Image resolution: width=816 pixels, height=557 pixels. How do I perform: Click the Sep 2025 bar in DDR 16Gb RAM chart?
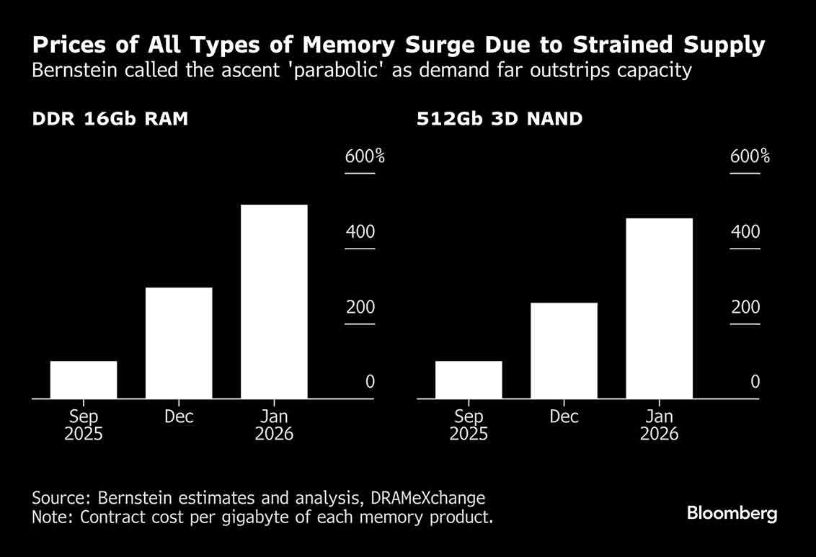(84, 380)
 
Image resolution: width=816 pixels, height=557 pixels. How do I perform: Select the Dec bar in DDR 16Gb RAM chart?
(179, 343)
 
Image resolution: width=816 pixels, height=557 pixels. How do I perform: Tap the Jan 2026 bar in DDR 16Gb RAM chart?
(274, 301)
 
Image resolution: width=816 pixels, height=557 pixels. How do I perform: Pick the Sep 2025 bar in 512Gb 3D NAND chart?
(469, 380)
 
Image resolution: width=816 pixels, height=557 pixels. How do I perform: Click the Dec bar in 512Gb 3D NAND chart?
(564, 350)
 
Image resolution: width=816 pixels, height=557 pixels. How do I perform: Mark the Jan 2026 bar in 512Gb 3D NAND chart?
(659, 308)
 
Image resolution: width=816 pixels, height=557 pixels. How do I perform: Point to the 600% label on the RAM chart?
(365, 156)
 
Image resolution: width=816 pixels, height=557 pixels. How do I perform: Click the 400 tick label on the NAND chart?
(745, 232)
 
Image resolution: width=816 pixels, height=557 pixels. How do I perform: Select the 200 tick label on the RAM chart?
(360, 308)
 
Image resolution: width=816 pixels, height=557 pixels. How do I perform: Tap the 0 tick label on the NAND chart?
(755, 382)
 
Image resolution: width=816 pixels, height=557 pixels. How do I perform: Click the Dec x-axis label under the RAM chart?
(179, 417)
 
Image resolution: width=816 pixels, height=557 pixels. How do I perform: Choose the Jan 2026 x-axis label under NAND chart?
(659, 425)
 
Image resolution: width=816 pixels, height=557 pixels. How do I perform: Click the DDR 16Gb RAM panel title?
(110, 119)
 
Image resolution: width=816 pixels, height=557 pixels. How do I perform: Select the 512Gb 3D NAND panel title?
(500, 119)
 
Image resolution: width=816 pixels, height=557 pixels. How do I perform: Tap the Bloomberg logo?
(732, 513)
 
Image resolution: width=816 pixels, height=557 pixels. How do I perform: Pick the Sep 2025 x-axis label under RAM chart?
(84, 425)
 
